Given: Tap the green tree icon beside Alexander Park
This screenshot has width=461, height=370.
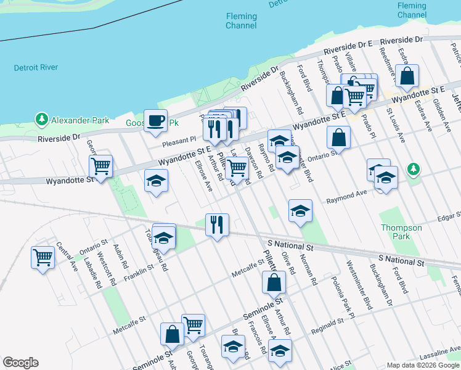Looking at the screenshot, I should click(x=42, y=118).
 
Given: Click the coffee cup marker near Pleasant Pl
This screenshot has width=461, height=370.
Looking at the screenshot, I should click(x=155, y=120).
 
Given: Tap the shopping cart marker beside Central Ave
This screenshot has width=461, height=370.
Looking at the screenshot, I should click(x=43, y=257).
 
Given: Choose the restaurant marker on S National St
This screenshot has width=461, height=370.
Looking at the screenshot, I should click(x=217, y=224).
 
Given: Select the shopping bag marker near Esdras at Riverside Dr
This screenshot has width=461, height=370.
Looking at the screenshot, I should click(x=407, y=76).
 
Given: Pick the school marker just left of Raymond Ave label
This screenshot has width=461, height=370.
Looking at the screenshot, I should click(x=300, y=211).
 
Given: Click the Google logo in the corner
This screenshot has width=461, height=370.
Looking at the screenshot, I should click(x=20, y=363).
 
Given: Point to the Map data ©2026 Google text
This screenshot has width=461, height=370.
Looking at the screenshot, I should click(x=423, y=365).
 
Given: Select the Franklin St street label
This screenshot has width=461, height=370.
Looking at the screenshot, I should click(x=137, y=271).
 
